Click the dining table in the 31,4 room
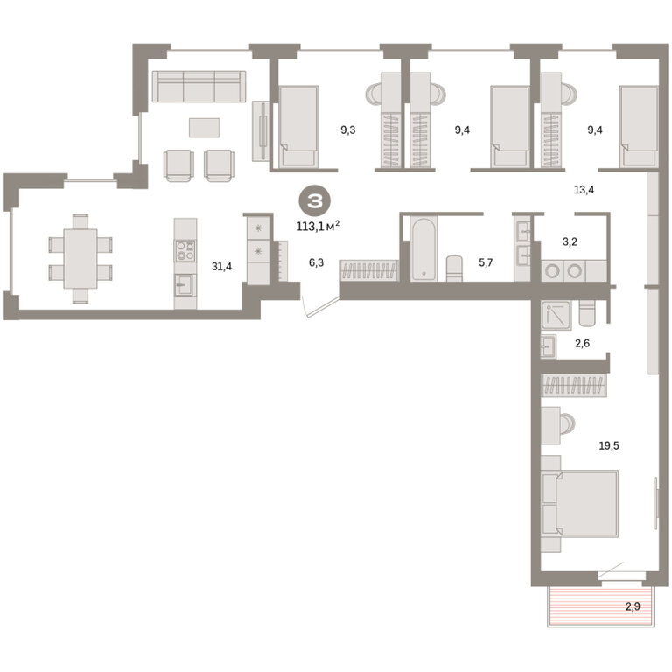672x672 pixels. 80,258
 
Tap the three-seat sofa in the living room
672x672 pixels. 199,86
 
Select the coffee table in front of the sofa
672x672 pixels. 205,128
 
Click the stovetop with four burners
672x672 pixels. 185,251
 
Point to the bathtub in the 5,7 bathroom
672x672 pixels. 423,249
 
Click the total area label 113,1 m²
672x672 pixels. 318,226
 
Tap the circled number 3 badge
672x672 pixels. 315,201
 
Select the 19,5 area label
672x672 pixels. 609,445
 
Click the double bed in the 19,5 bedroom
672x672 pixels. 580,504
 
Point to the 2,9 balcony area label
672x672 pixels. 633,606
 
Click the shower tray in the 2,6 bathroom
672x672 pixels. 556,315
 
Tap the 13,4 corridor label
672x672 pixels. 584,189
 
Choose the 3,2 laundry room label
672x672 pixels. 570,241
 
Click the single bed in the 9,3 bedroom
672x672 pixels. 298,126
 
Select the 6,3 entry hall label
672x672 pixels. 316,262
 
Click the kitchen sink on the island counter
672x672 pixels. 185,285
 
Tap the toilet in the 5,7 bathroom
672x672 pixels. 454,269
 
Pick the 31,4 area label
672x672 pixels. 221,267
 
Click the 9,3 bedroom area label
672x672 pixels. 348,129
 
